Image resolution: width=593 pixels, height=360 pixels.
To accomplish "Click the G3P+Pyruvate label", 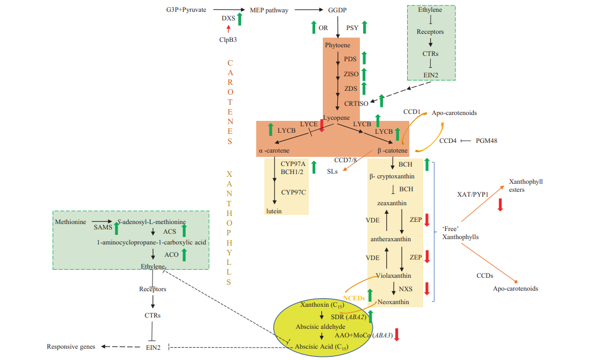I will point(186,10).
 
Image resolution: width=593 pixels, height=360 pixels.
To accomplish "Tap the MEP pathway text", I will point(269,10).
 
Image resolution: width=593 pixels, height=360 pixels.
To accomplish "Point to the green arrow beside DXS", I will point(240,19).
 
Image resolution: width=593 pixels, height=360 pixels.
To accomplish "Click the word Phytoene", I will point(337,45).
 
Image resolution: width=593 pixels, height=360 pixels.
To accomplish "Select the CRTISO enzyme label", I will point(356,103).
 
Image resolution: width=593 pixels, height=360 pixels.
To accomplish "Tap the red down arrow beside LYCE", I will point(322,125).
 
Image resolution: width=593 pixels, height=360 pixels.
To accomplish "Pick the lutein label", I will point(273,211).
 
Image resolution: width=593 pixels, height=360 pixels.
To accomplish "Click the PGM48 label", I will point(487,141).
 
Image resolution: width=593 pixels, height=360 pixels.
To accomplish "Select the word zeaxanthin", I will point(391,203).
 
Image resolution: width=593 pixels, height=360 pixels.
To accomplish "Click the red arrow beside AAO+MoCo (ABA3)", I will point(397,334).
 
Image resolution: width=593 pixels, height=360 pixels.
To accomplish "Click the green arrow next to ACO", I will point(184,254).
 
